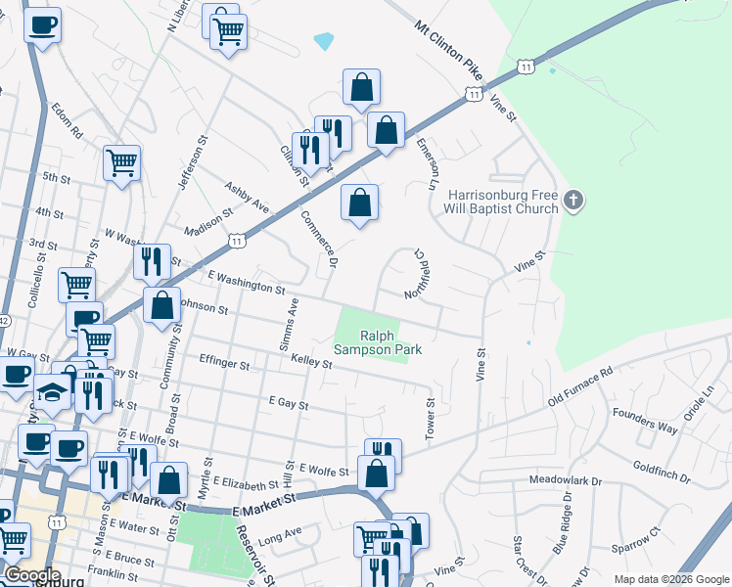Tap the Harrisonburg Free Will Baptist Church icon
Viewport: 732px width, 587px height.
point(573,203)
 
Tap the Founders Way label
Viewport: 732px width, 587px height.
point(645,421)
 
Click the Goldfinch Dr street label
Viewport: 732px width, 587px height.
point(662,474)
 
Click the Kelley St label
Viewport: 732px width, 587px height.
point(310,361)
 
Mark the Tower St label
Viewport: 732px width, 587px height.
point(430,420)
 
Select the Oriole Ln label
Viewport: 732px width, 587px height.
point(703,404)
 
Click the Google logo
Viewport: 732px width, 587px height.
point(33,575)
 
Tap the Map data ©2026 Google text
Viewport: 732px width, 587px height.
point(669,579)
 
